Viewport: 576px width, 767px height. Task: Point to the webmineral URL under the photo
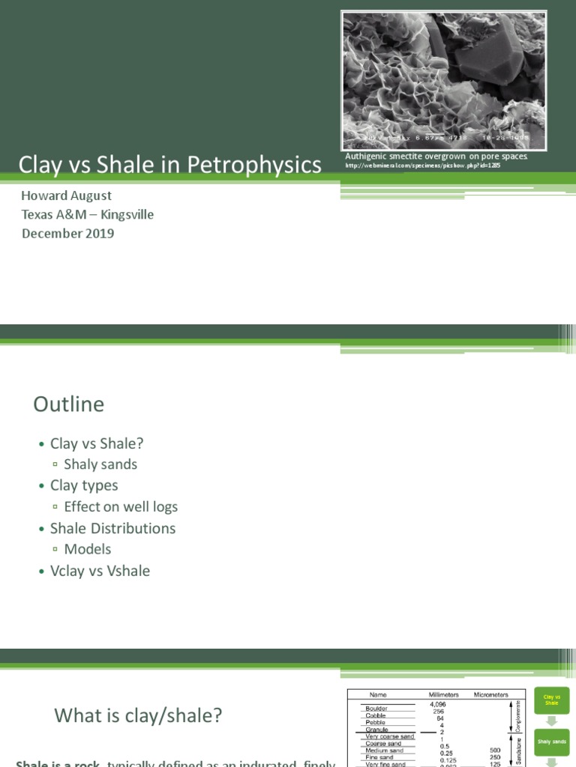[x=422, y=166]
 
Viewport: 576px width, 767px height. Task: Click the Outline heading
[x=68, y=404]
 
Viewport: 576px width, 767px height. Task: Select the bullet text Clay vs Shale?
[x=96, y=443]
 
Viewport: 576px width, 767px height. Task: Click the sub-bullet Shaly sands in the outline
[x=100, y=464]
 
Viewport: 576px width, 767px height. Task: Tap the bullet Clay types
[x=84, y=485]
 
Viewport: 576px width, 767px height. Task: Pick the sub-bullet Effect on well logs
[x=121, y=506]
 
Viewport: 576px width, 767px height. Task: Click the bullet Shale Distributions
[x=112, y=528]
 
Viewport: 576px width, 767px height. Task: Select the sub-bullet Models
[x=87, y=549]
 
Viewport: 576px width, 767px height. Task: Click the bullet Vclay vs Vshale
[x=100, y=571]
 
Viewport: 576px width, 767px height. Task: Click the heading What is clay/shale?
[x=138, y=715]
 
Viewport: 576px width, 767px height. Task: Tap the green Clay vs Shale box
[x=551, y=700]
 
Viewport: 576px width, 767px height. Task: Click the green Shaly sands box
[x=551, y=742]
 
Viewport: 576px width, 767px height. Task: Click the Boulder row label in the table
[x=376, y=708]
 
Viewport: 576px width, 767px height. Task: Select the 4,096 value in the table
[x=438, y=705]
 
